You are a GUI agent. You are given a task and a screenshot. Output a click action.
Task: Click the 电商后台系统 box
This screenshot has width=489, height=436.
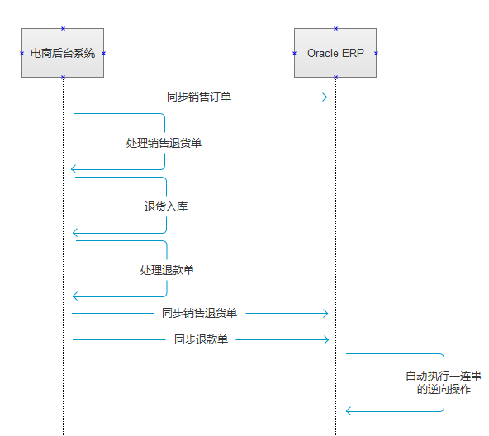[x=63, y=53]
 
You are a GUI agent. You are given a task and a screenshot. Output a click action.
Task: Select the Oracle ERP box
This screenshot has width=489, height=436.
[x=335, y=53]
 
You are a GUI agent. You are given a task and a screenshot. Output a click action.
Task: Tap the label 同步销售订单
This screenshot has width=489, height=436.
[x=199, y=97]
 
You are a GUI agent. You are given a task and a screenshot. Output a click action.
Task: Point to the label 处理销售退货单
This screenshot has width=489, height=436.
[x=164, y=143]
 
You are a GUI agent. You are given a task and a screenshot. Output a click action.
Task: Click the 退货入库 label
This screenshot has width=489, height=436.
[x=166, y=206]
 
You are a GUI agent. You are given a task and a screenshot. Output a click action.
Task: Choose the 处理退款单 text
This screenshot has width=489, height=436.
[x=167, y=270]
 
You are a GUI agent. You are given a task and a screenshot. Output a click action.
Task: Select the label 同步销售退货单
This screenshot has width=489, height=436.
[x=200, y=313]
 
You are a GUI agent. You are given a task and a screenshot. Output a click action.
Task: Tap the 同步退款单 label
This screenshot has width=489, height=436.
[x=201, y=339]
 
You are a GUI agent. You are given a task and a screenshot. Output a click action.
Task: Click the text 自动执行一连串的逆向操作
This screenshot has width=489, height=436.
[x=444, y=382]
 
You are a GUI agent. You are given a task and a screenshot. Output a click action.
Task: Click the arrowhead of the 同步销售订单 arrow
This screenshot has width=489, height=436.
[x=326, y=97]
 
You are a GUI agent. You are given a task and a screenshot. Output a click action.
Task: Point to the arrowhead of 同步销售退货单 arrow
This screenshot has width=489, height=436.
[x=327, y=314]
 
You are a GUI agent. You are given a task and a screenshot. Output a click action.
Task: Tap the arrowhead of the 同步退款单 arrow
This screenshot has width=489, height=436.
[x=328, y=339]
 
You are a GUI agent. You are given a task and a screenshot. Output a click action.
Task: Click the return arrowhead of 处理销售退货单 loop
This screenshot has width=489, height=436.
[x=72, y=169]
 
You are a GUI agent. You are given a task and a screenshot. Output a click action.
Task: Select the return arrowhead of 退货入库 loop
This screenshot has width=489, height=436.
[x=74, y=233]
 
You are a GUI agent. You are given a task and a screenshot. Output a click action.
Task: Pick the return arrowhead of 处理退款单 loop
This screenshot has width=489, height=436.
[x=74, y=296]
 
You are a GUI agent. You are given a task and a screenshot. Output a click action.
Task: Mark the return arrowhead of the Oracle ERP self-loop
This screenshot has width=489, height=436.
[x=347, y=411]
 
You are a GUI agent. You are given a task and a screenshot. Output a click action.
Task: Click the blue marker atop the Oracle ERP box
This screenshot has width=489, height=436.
[x=335, y=28]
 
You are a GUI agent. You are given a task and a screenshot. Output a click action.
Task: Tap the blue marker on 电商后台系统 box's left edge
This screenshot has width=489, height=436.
[x=21, y=54]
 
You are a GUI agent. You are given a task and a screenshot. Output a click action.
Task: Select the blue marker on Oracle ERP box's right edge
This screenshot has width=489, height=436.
[x=376, y=54]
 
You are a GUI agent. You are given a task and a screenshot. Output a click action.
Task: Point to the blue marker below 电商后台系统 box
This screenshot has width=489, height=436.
[x=63, y=77]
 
